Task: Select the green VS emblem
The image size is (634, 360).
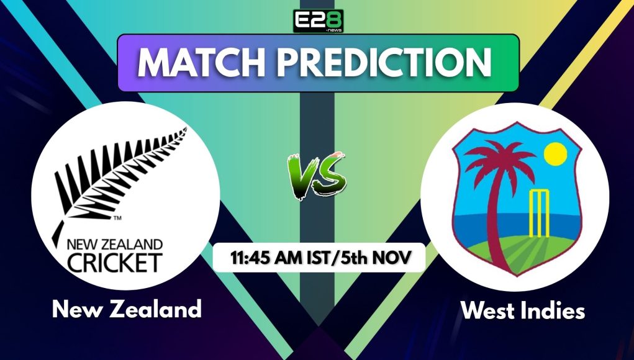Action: point(317,175)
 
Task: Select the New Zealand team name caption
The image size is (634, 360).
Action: point(127,308)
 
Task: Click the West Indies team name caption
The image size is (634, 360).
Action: point(522,310)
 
